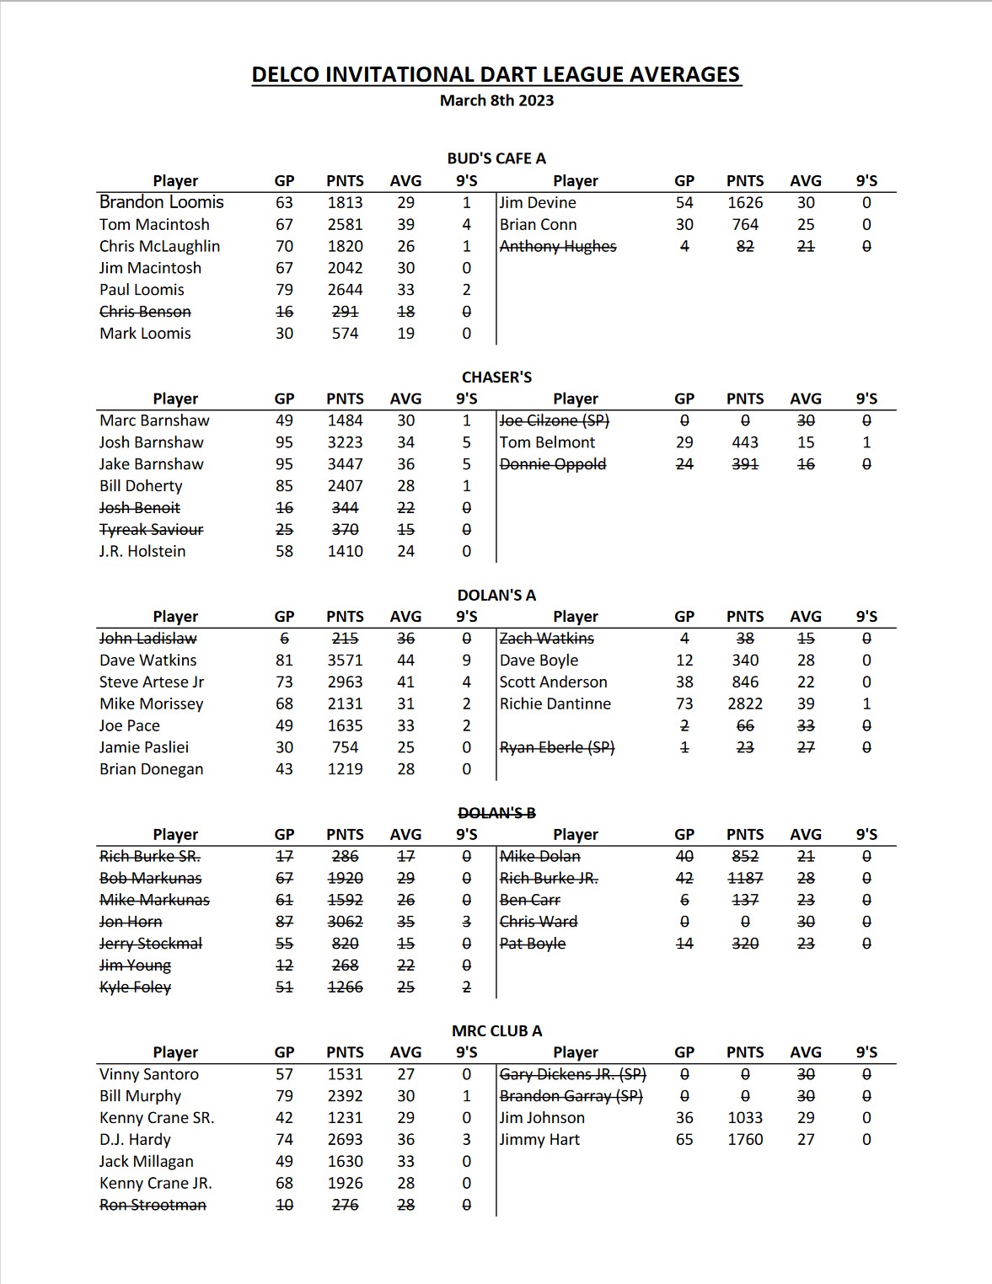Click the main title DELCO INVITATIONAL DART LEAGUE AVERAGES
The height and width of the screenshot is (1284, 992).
tap(496, 75)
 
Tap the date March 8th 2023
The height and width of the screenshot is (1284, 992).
tap(496, 100)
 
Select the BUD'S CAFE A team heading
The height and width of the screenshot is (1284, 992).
tap(496, 158)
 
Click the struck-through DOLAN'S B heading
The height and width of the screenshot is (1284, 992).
tap(496, 813)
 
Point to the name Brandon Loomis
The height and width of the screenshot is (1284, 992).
tap(161, 202)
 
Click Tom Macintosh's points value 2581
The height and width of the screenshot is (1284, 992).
tap(345, 225)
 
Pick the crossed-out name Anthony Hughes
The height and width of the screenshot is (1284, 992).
tap(558, 246)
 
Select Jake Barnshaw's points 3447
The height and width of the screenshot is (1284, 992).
tap(345, 464)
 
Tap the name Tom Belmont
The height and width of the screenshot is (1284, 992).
tap(547, 442)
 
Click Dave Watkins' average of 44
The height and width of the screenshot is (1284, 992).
tap(405, 661)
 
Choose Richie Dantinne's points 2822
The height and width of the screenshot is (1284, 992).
tap(745, 704)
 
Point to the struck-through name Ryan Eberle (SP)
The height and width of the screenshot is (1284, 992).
tap(557, 747)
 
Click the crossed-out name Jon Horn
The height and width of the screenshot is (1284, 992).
tap(131, 922)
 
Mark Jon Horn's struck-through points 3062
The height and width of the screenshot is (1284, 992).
tap(345, 922)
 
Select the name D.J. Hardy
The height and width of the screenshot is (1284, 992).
tap(135, 1140)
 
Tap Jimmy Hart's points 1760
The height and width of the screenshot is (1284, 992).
tap(745, 1140)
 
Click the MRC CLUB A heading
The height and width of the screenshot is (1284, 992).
tap(496, 1031)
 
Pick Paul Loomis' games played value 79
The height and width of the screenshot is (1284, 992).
tap(284, 290)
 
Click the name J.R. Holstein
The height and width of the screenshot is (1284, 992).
tap(142, 551)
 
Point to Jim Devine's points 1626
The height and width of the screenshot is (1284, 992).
tap(745, 203)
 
